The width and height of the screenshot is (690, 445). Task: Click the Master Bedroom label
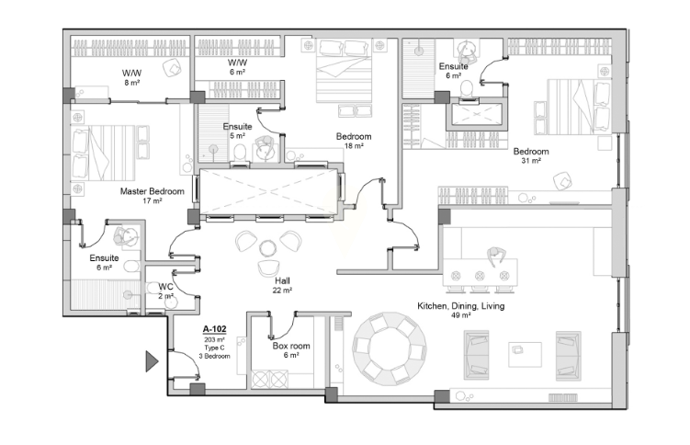pos(152,191)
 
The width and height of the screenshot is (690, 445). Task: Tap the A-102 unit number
pos(214,329)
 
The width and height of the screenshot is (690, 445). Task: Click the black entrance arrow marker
pos(152,361)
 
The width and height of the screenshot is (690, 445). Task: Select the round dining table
pos(390,348)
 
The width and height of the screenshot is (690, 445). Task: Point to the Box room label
pos(291,346)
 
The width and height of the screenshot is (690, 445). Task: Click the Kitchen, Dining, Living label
pos(460,306)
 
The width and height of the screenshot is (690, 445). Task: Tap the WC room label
pos(165,287)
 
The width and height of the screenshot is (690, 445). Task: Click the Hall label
pos(282,280)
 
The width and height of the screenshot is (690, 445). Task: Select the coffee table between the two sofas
pos(525,354)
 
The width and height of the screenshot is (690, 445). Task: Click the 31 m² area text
pos(531,161)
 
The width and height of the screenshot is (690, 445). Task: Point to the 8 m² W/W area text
pos(131,83)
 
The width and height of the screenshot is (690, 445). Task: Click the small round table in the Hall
pos(267,248)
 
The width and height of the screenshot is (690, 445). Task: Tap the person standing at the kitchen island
pos(496,257)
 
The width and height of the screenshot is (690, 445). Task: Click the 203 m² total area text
pos(214,340)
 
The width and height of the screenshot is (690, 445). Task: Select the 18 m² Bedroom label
pos(354,136)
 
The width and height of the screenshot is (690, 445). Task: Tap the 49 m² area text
pos(460,315)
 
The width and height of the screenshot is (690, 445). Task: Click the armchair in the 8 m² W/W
pos(172,68)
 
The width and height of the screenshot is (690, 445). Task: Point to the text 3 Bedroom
pos(214,356)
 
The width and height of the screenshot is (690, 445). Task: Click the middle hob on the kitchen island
pos(480,276)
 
